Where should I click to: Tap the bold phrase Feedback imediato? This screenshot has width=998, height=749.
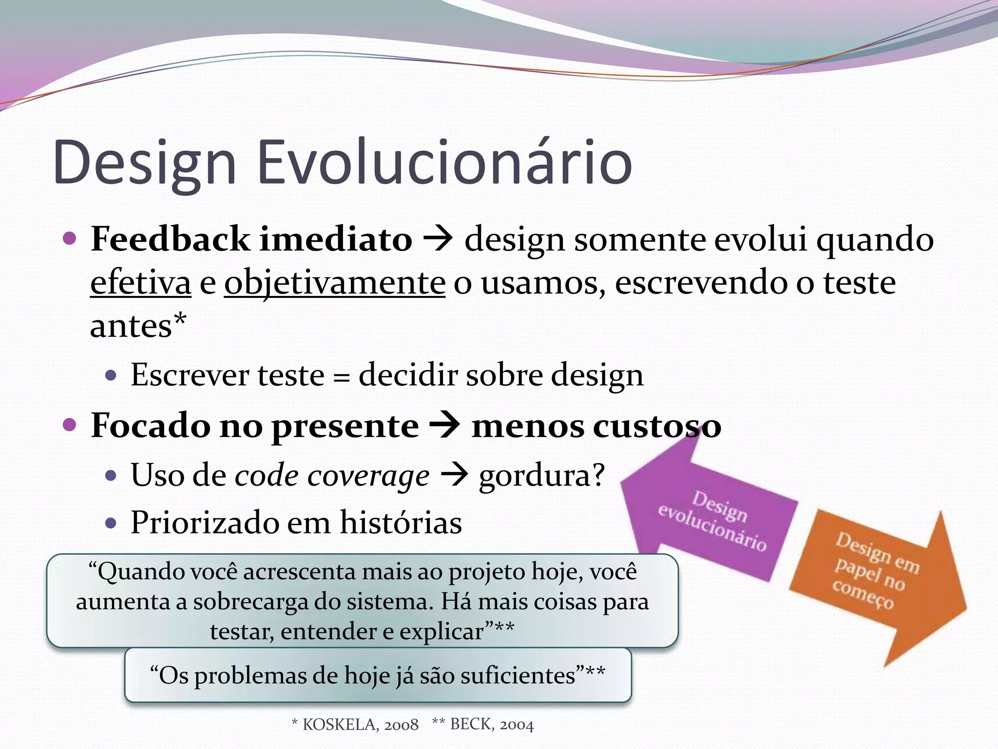(x=251, y=239)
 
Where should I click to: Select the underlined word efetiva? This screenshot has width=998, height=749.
(x=140, y=283)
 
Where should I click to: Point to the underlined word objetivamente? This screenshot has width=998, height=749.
(x=334, y=283)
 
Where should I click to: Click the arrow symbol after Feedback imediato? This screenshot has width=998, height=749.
(x=438, y=239)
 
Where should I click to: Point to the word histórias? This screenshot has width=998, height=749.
(x=401, y=523)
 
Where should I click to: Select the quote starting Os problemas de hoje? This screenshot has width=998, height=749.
(x=377, y=675)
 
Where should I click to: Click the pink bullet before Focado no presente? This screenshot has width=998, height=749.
(x=70, y=425)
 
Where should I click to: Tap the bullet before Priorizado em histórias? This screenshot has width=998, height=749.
(x=111, y=524)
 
